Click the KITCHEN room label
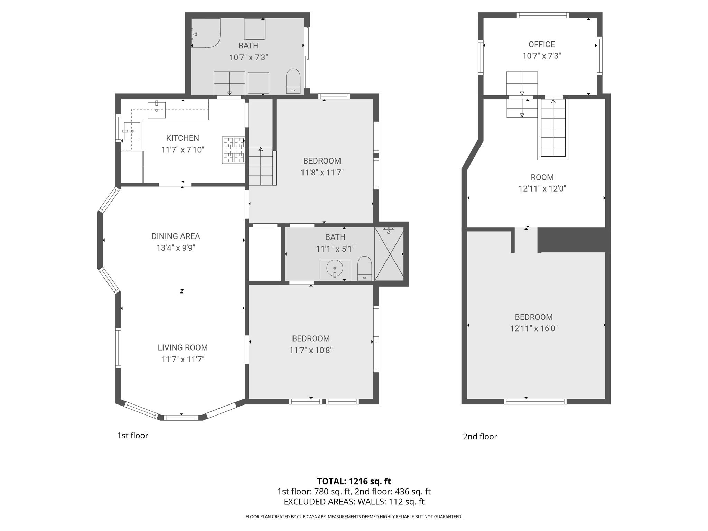[183, 138]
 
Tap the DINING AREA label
[176, 236]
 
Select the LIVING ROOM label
[183, 347]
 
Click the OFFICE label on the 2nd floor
[542, 44]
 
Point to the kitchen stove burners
[233, 150]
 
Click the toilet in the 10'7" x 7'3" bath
[294, 81]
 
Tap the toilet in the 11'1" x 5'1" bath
[364, 268]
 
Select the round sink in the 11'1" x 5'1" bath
[335, 268]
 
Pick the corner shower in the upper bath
[205, 33]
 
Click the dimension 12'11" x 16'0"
[534, 328]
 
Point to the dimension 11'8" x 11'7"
[322, 172]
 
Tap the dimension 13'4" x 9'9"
[176, 248]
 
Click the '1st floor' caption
[133, 436]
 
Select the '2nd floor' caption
[480, 437]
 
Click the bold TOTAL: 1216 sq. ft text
[354, 481]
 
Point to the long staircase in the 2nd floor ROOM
[553, 129]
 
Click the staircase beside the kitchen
[261, 166]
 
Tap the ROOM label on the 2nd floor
[542, 177]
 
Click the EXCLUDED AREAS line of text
[354, 502]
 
